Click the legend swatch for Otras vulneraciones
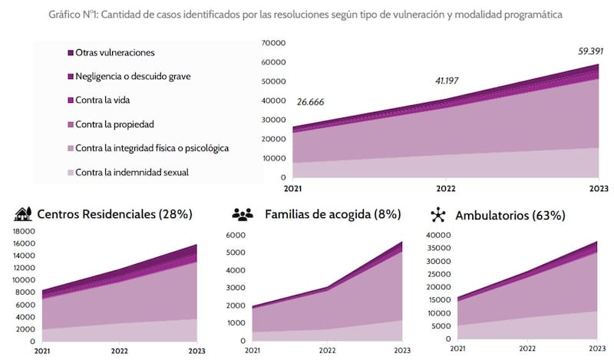tap(70, 52)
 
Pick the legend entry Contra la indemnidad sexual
tap(132, 172)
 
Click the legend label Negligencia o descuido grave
tap(138, 76)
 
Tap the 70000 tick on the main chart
tap(272, 43)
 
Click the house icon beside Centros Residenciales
tap(23, 214)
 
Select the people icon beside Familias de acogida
tap(243, 215)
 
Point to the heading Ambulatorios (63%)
tap(510, 216)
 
